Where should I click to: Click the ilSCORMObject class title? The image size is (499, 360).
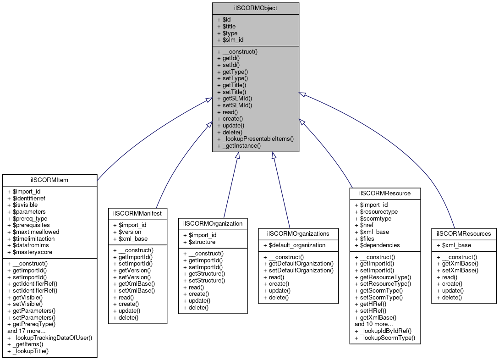pos(255,8)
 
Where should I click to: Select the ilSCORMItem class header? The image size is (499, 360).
pos(50,180)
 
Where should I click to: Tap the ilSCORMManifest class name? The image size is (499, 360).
pos(137,213)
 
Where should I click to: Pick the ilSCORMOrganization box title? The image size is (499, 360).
pos(213,223)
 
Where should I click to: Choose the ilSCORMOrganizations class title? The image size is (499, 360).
pos(298,233)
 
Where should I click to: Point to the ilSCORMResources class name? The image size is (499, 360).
pos(464,233)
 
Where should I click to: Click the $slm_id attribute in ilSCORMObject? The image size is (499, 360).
pos(233,40)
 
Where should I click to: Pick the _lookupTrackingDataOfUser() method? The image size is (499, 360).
pos(50,338)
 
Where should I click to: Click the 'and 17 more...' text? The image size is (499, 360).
pos(27,331)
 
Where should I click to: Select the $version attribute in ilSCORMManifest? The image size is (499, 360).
pos(130,232)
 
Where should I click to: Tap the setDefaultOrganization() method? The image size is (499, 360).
pos(301,270)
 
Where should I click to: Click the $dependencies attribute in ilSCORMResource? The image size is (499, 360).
pos(380,245)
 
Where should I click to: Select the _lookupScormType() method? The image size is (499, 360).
pos(388,338)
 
